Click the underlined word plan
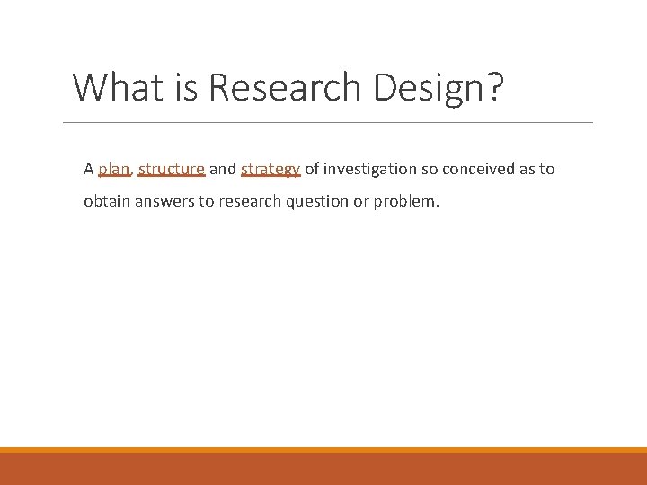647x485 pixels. point(114,169)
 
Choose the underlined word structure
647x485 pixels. point(172,169)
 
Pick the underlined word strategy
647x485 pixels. point(270,169)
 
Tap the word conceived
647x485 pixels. point(476,169)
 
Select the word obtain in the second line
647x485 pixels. point(105,201)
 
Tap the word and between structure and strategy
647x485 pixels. point(223,169)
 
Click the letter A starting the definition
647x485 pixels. point(89,169)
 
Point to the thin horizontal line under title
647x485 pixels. point(328,122)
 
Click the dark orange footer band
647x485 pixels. point(323,469)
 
